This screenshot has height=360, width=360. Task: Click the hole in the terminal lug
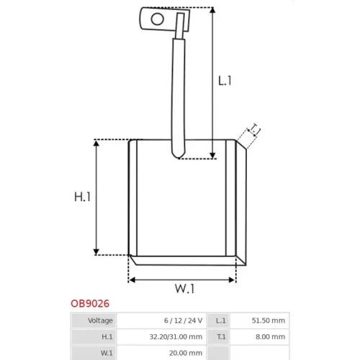click(x=158, y=19)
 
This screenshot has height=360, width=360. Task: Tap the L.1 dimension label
click(x=225, y=81)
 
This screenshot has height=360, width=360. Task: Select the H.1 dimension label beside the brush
click(x=82, y=197)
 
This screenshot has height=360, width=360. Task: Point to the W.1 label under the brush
click(x=184, y=289)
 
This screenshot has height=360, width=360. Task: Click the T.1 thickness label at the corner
click(x=255, y=130)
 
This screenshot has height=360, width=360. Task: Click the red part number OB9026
click(x=90, y=304)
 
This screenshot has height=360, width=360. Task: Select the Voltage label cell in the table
click(x=100, y=320)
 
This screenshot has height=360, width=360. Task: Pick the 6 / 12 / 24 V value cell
click(x=184, y=320)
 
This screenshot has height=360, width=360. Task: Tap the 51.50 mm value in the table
click(x=269, y=320)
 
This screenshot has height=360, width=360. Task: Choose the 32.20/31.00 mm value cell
click(x=176, y=337)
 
